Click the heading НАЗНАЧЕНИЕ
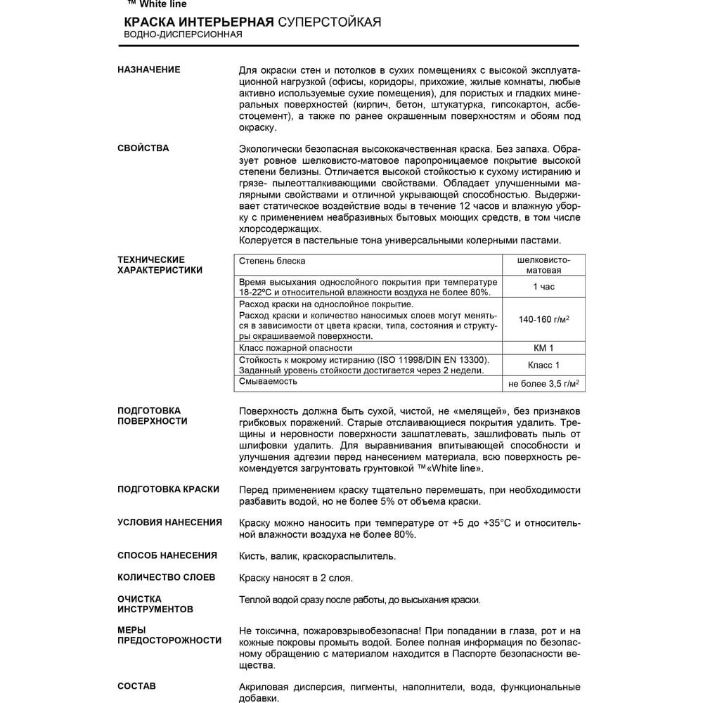(x=148, y=70)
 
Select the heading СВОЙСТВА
(x=143, y=148)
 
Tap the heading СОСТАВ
(x=136, y=686)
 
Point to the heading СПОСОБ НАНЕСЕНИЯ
(x=167, y=555)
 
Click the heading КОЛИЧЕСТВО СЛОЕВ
(x=167, y=577)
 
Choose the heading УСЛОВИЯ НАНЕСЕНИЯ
(x=169, y=522)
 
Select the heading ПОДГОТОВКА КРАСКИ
(x=168, y=489)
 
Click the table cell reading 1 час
(x=543, y=287)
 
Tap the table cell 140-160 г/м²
(x=543, y=319)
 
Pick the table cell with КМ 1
(x=543, y=348)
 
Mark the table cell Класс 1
(x=543, y=365)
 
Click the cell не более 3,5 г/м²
(x=543, y=384)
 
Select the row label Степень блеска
(x=272, y=261)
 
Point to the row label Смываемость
(x=268, y=381)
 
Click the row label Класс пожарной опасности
(x=295, y=348)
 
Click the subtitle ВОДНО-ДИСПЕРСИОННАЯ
(x=183, y=34)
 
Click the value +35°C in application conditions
(x=501, y=522)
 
